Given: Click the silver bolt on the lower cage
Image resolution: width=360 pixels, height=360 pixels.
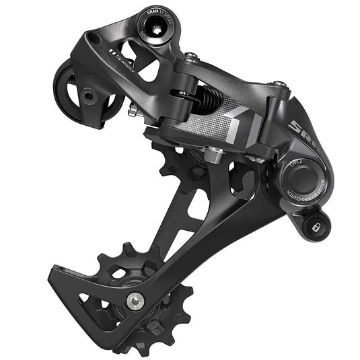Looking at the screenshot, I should coord(137,299).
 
